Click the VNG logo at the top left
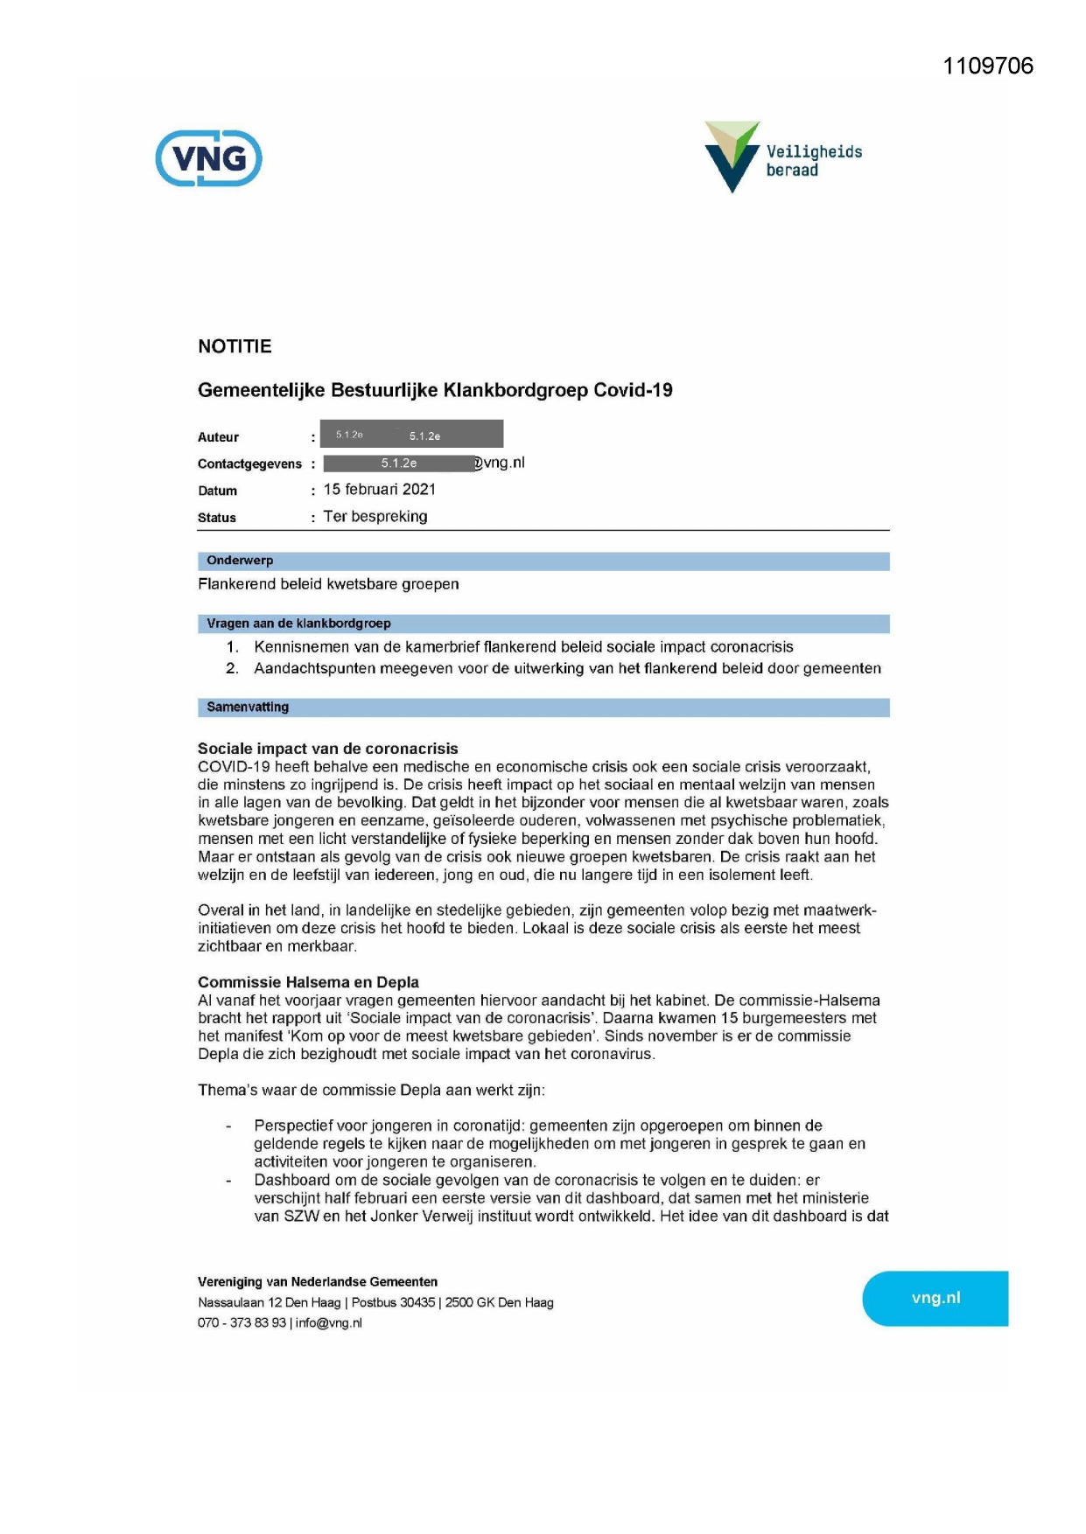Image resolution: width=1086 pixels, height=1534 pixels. [208, 158]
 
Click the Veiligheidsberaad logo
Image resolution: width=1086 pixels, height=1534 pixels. [782, 157]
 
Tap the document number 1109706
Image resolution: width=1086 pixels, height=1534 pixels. [987, 66]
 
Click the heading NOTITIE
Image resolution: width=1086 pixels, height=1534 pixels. [235, 346]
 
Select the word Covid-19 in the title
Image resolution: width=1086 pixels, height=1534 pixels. [633, 390]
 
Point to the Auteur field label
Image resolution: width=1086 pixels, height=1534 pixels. [218, 437]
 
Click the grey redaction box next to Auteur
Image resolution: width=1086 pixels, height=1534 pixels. [411, 435]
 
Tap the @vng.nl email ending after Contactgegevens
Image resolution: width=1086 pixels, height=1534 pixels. [501, 463]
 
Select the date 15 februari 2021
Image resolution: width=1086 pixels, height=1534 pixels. [379, 490]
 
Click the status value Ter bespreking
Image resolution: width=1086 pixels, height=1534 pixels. [375, 517]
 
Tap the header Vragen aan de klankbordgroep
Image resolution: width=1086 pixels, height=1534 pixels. [298, 624]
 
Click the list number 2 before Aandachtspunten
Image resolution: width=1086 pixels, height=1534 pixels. [232, 668]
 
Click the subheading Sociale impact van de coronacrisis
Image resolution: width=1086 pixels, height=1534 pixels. [327, 749]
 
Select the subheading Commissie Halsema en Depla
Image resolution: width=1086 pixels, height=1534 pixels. [308, 982]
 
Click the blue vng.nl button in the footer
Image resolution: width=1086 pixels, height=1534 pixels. [935, 1298]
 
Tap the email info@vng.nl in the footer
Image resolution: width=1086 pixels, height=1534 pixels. [328, 1322]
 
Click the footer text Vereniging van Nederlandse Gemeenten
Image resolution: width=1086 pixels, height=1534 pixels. [317, 1282]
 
